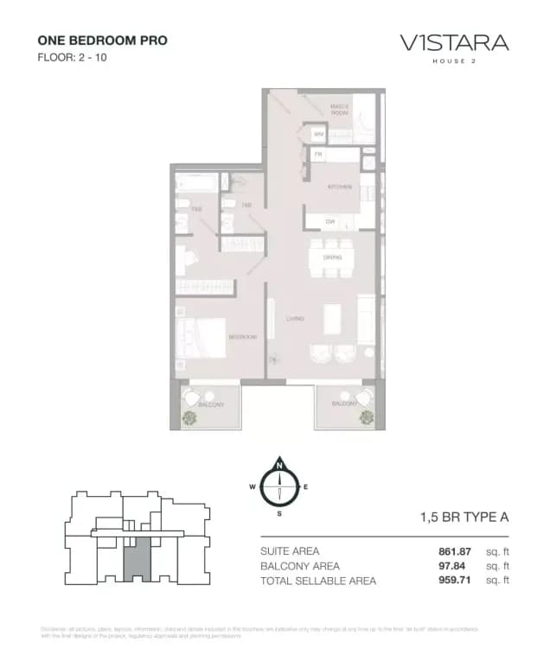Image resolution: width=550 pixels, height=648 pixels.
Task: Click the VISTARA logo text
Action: coord(453,42)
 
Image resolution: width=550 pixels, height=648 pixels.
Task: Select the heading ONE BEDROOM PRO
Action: coord(102,41)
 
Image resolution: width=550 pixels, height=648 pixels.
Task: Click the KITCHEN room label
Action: coord(337,187)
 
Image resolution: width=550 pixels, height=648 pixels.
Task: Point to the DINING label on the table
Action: coord(332,257)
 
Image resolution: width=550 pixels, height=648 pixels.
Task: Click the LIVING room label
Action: coord(296,319)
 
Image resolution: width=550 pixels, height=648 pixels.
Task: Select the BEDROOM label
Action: coord(242,337)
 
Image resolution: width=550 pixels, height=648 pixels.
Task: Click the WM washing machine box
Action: coord(318,135)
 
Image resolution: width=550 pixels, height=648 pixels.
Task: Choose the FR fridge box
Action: coord(318,155)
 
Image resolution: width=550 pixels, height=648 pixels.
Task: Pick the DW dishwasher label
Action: coord(329,222)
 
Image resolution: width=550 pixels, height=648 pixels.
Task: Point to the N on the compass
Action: coord(279,467)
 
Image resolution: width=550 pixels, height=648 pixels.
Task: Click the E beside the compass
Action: coord(306,487)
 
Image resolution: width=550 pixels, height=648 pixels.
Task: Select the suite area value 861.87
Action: coord(454,551)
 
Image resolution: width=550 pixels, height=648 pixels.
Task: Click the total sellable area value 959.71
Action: coord(454,581)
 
